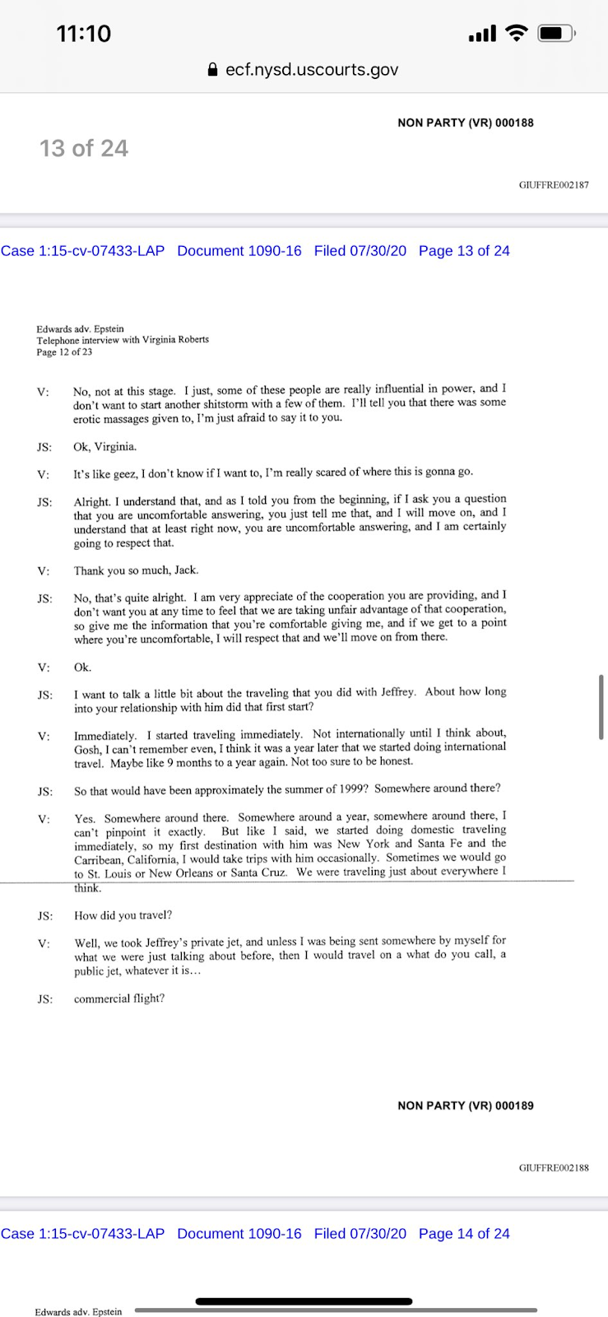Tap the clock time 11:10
pyautogui.click(x=83, y=34)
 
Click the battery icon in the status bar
pyautogui.click(x=556, y=34)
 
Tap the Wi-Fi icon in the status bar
pyautogui.click(x=516, y=33)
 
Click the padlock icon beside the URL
pyautogui.click(x=214, y=70)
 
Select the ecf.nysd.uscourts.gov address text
pyautogui.click(x=312, y=70)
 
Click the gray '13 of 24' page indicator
pyautogui.click(x=84, y=148)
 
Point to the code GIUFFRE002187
pyautogui.click(x=554, y=185)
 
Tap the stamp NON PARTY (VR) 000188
pyautogui.click(x=466, y=123)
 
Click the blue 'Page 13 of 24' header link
pyautogui.click(x=464, y=251)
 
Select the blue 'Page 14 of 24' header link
pyautogui.click(x=464, y=1234)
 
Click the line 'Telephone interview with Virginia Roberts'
pyautogui.click(x=123, y=339)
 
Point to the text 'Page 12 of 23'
pyautogui.click(x=64, y=352)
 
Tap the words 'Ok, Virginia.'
pyautogui.click(x=105, y=447)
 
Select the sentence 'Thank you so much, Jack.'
pyautogui.click(x=136, y=570)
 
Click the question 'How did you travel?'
pyautogui.click(x=123, y=915)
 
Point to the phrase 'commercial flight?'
pyautogui.click(x=119, y=998)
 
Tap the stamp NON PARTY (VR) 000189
pyautogui.click(x=466, y=1105)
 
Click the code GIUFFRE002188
pyautogui.click(x=554, y=1168)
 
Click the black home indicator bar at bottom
pyautogui.click(x=304, y=1301)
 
